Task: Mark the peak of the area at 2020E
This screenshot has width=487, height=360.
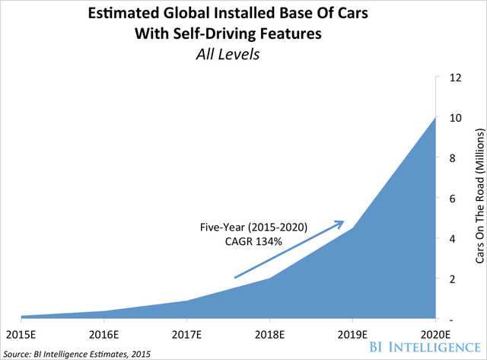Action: (434, 118)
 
